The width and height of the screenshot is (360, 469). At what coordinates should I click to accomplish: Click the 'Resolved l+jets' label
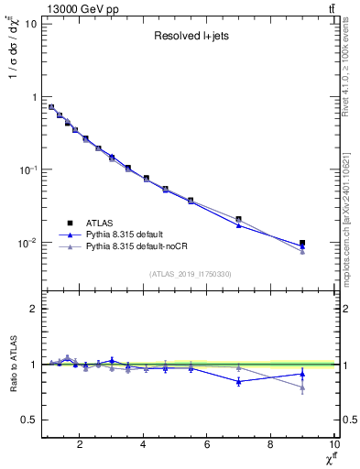pyautogui.click(x=189, y=37)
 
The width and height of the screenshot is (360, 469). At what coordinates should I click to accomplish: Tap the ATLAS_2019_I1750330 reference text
pyautogui.click(x=189, y=274)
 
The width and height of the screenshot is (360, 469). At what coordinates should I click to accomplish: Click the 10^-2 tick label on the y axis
pyautogui.click(x=27, y=244)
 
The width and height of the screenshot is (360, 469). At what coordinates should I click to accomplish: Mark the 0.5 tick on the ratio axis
pyautogui.click(x=28, y=420)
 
